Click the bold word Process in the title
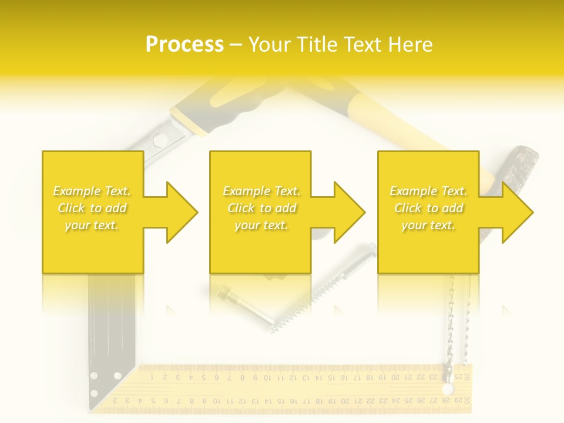pyautogui.click(x=184, y=45)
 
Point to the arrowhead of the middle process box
pyautogui.click(x=349, y=212)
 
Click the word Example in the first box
pyautogui.click(x=76, y=191)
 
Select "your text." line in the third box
pyautogui.click(x=428, y=225)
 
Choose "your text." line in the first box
pyautogui.click(x=92, y=225)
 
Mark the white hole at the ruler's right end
pyautogui.click(x=448, y=389)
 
